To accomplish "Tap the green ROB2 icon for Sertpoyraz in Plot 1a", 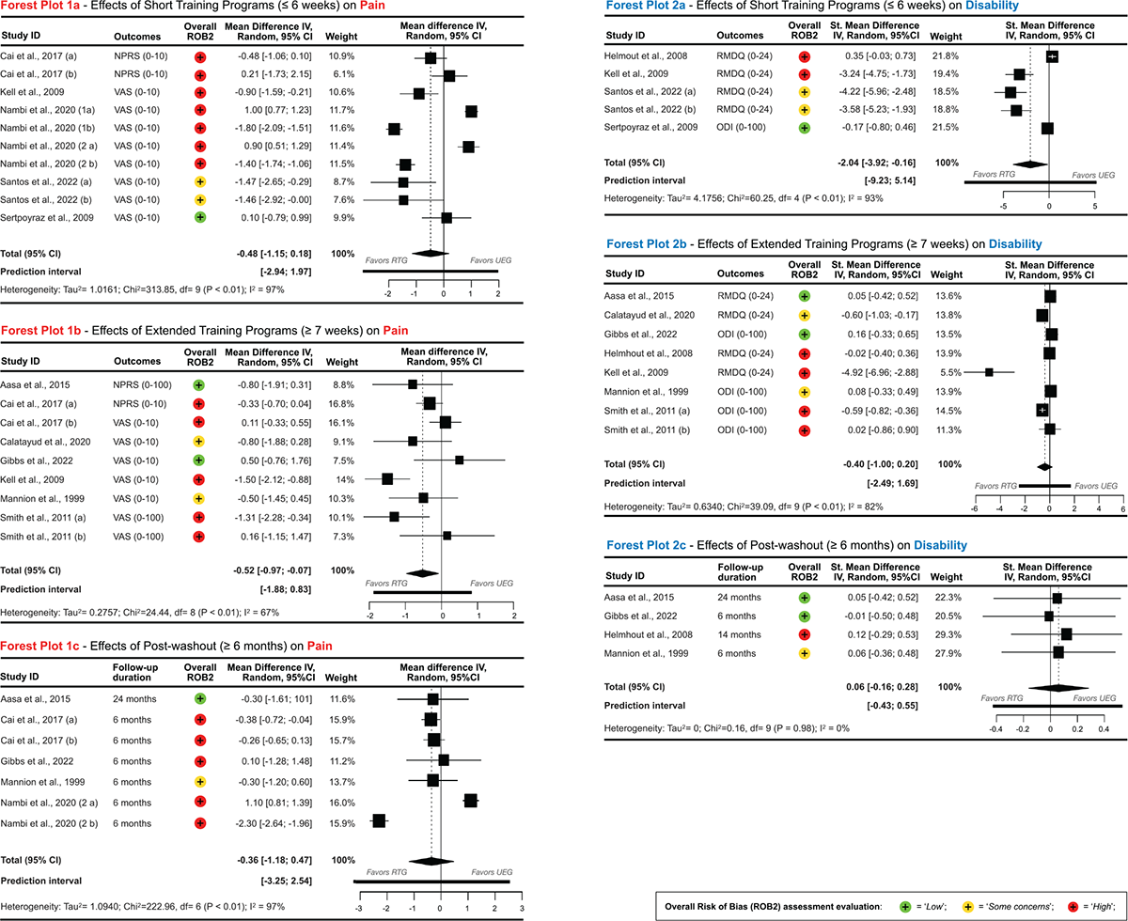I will pos(199,218).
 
